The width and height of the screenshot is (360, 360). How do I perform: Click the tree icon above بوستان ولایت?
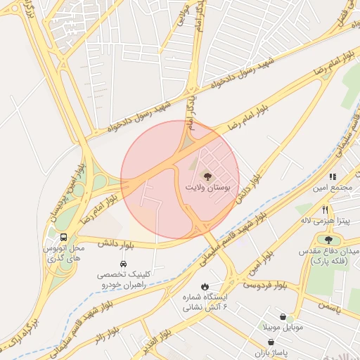pyautogui.click(x=207, y=176)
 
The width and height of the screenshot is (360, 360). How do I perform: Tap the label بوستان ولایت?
pyautogui.click(x=208, y=188)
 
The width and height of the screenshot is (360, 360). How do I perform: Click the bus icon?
pyautogui.click(x=63, y=237)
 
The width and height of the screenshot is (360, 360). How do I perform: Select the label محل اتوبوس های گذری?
pyautogui.click(x=63, y=254)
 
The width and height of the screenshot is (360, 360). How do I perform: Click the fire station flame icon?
pyautogui.click(x=204, y=286)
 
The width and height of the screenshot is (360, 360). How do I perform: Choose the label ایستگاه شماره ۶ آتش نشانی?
pyautogui.click(x=203, y=302)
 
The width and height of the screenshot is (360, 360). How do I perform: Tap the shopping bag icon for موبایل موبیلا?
pyautogui.click(x=282, y=317)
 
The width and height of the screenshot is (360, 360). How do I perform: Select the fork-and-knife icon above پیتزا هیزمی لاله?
pyautogui.click(x=325, y=210)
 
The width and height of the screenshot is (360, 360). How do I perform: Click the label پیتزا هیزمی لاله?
pyautogui.click(x=326, y=221)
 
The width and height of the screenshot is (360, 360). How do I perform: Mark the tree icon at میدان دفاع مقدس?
pyautogui.click(x=328, y=240)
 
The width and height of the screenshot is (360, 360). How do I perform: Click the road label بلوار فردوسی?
pyautogui.click(x=266, y=284)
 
